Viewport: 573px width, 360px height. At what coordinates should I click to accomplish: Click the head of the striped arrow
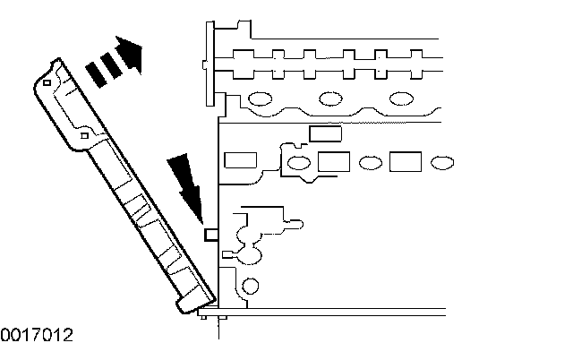point(131,53)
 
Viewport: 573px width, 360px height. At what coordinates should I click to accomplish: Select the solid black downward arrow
point(187,183)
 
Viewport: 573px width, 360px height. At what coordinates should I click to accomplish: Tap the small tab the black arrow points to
point(212,235)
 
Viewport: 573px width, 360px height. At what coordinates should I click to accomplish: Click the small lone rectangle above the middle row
point(325,134)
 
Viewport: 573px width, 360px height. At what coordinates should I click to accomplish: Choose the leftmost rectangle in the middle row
point(239,161)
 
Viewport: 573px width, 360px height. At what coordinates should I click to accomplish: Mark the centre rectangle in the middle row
point(333,162)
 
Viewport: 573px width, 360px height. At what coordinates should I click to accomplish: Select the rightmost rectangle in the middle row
point(405,162)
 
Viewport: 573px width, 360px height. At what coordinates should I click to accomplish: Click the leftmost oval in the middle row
point(298,163)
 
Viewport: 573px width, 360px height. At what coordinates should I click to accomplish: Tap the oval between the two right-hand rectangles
point(369,163)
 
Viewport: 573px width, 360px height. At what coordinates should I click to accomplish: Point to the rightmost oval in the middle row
point(440,163)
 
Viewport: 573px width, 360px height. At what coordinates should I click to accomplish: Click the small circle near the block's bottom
point(252,287)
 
